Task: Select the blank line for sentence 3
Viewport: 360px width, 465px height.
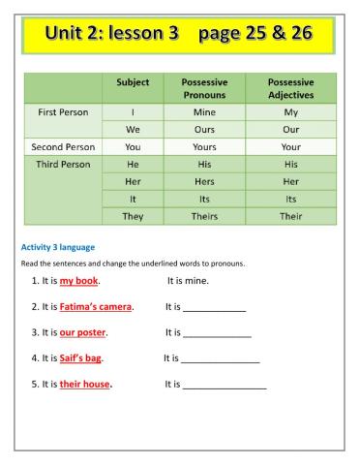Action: point(217,335)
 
